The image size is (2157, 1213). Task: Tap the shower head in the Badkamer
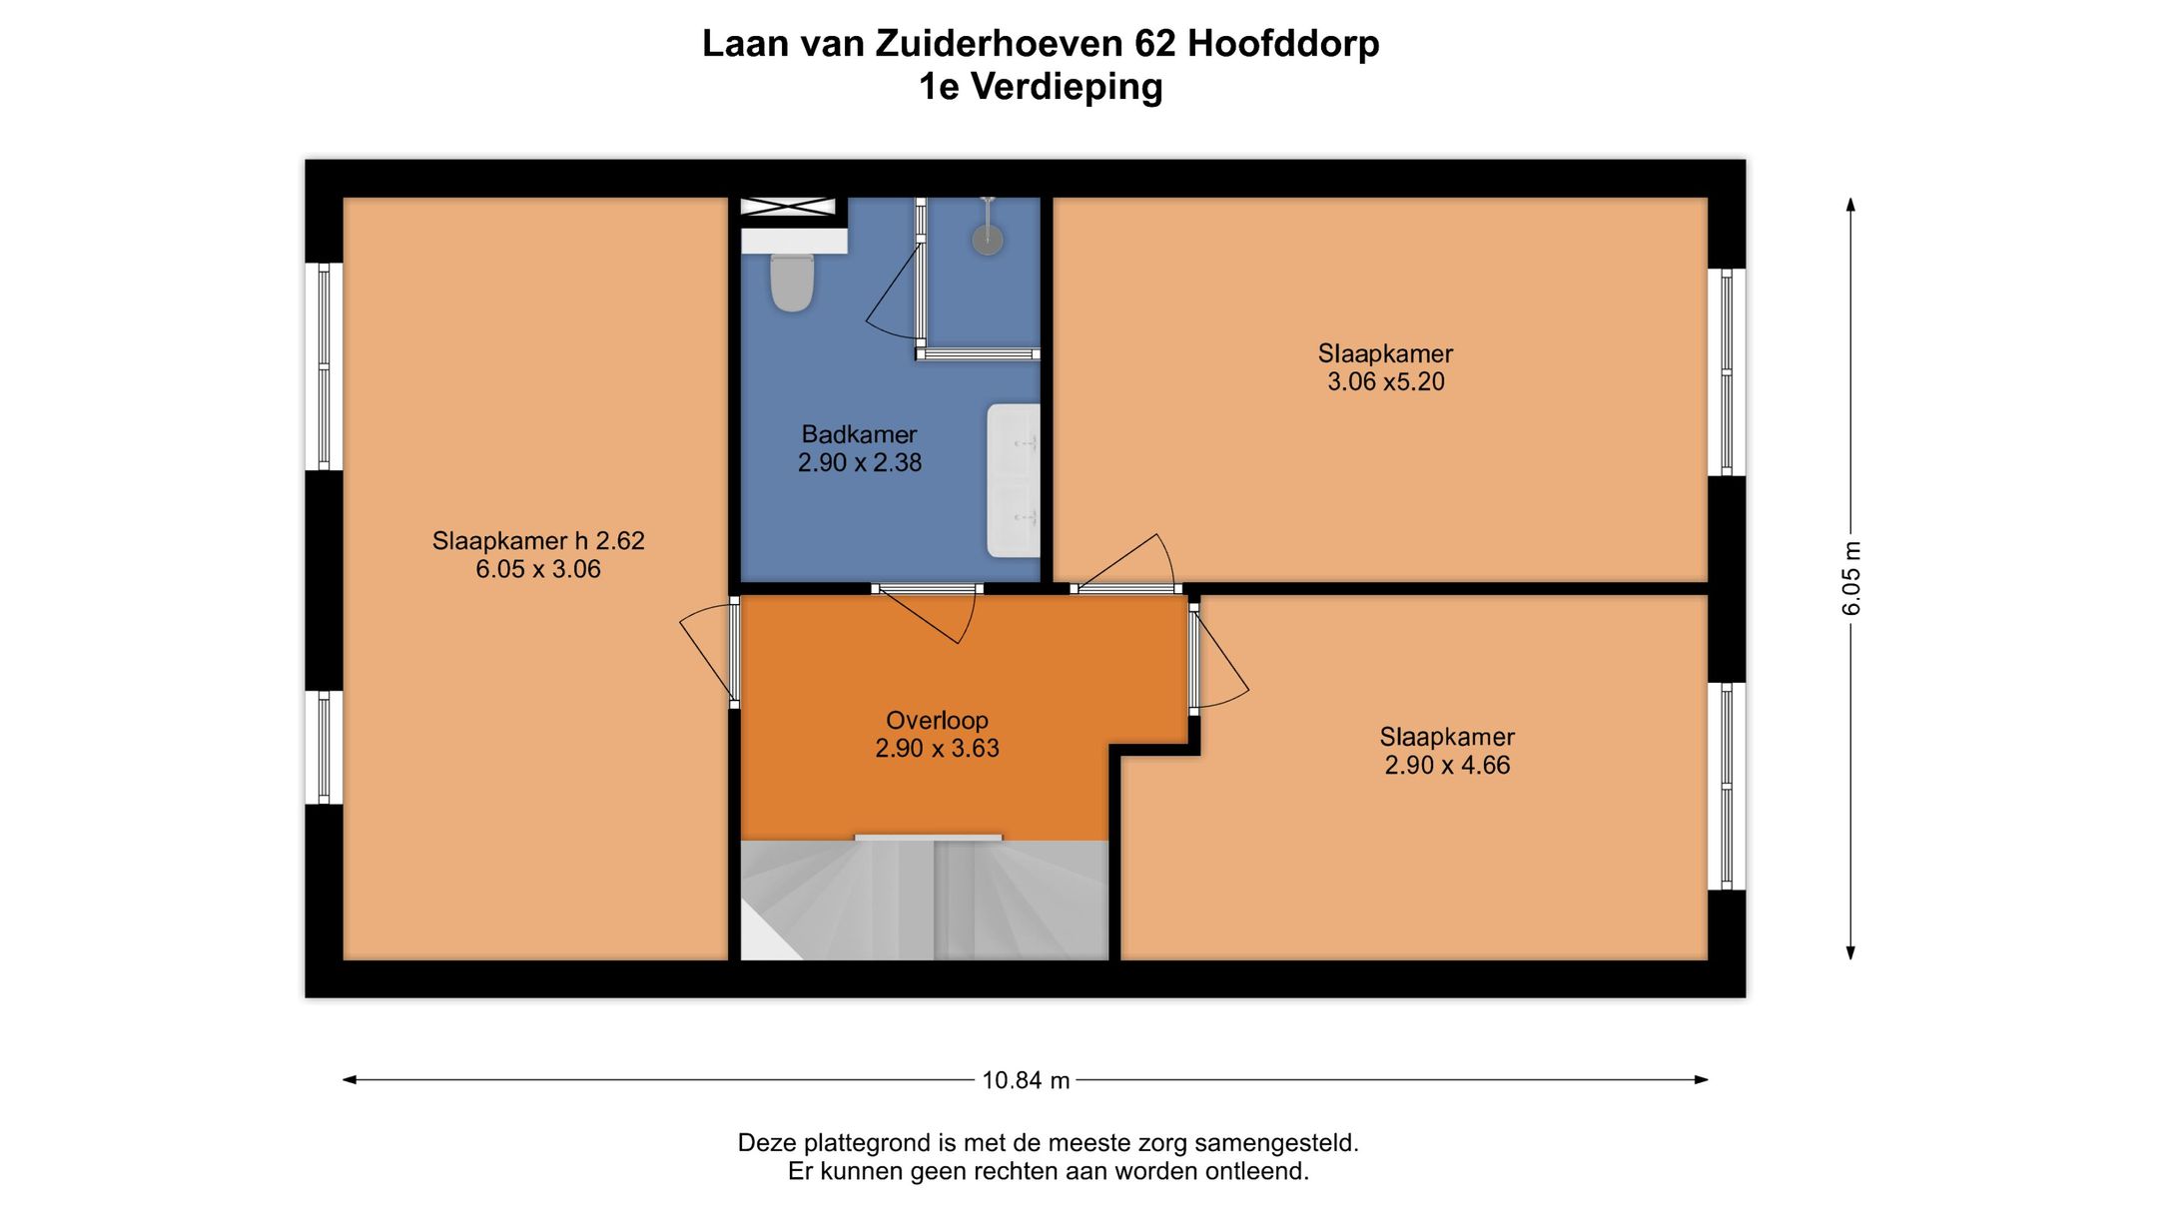click(988, 239)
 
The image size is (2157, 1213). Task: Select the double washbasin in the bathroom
click(1014, 480)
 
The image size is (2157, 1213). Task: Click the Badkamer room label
click(859, 434)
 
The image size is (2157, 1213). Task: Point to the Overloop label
click(937, 720)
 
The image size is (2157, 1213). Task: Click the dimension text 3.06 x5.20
click(1385, 381)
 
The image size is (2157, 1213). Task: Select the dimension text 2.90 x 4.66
click(1446, 765)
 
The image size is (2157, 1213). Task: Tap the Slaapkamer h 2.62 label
click(538, 541)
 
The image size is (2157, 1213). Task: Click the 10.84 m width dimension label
click(1026, 1080)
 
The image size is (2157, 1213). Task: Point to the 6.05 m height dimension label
click(1851, 578)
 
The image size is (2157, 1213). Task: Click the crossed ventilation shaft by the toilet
click(787, 207)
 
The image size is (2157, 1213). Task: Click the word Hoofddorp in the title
click(1282, 43)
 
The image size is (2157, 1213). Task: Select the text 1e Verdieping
click(1041, 87)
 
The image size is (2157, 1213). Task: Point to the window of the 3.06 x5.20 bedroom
click(1726, 371)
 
